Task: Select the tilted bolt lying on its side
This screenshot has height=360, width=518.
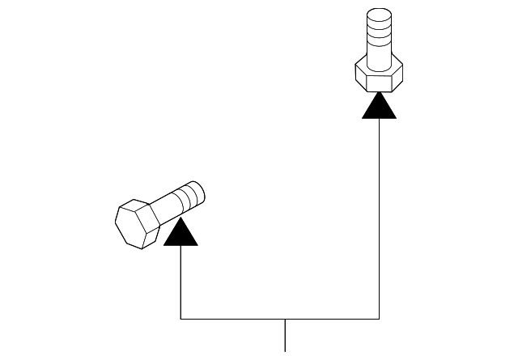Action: (158, 212)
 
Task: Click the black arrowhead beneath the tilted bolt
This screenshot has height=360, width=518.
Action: (180, 233)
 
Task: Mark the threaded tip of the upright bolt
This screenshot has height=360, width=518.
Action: (378, 28)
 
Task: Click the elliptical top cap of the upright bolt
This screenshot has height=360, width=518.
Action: (378, 15)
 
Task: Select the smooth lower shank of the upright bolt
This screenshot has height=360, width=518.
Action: (378, 55)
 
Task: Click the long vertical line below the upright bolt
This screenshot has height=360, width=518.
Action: (380, 218)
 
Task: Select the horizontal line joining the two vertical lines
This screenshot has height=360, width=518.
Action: (243, 319)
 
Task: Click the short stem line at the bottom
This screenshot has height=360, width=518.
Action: (285, 336)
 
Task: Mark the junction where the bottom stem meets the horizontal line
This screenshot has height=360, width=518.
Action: (285, 319)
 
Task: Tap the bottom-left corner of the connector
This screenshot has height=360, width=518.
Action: (180, 319)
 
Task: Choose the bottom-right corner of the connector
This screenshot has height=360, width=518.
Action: (380, 319)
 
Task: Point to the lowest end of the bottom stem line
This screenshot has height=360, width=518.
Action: (285, 351)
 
